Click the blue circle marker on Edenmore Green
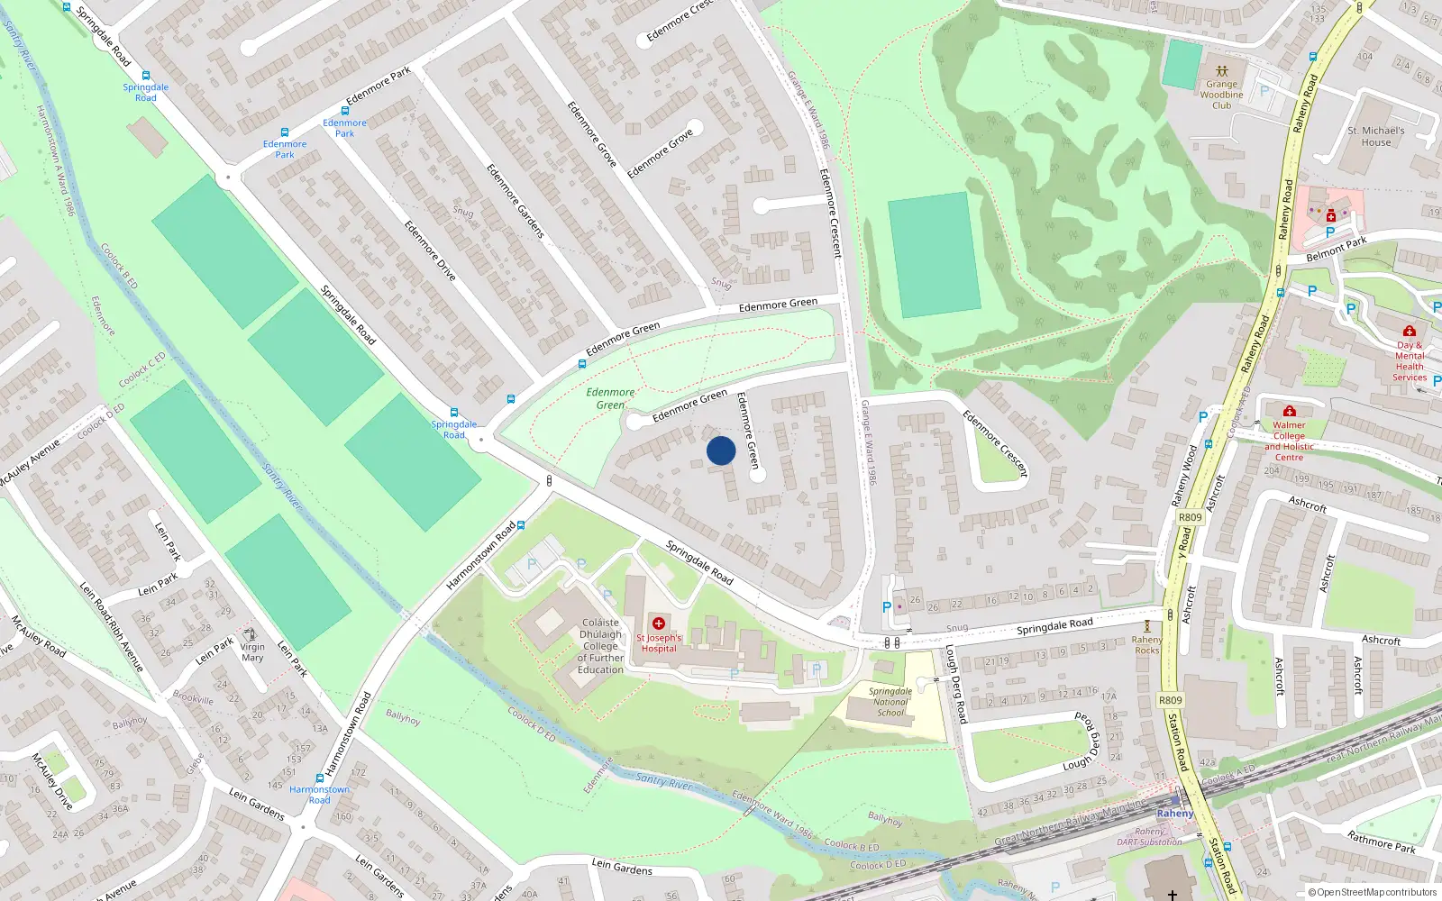[x=721, y=450]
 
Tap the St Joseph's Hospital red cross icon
[x=659, y=623]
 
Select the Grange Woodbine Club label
[x=1221, y=94]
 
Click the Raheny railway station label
[x=1174, y=813]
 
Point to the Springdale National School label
[x=890, y=702]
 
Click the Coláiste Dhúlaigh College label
[x=600, y=646]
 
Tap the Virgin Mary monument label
[x=252, y=651]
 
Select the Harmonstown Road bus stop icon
[x=319, y=778]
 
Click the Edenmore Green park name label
[x=610, y=398]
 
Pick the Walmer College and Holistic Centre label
[x=1289, y=441]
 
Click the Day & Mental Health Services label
[x=1410, y=360]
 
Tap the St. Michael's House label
[x=1375, y=136]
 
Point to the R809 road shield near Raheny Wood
[x=1190, y=517]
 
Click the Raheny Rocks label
[x=1146, y=644]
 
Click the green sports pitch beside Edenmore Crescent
[x=934, y=254]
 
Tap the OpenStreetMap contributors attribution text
[x=1372, y=892]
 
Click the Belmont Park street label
[x=1337, y=249]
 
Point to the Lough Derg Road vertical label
[x=955, y=685]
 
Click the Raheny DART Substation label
[x=1149, y=837]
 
